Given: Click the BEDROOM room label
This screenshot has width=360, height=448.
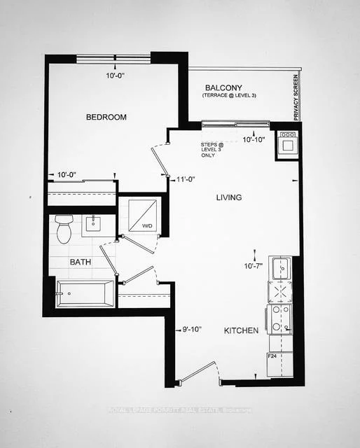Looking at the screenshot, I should click(106, 117).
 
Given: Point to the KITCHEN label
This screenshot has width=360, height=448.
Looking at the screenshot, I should click(241, 330).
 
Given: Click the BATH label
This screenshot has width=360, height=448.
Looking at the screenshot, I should click(79, 262).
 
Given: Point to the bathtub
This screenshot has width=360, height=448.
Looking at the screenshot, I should click(85, 293).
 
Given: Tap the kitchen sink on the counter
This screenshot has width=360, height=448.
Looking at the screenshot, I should click(282, 267).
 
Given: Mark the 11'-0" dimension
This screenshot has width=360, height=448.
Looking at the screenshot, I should click(186, 179).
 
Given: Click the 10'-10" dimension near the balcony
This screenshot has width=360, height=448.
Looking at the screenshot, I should click(254, 140).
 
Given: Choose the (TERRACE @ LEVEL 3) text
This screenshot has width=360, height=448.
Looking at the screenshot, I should click(229, 94).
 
